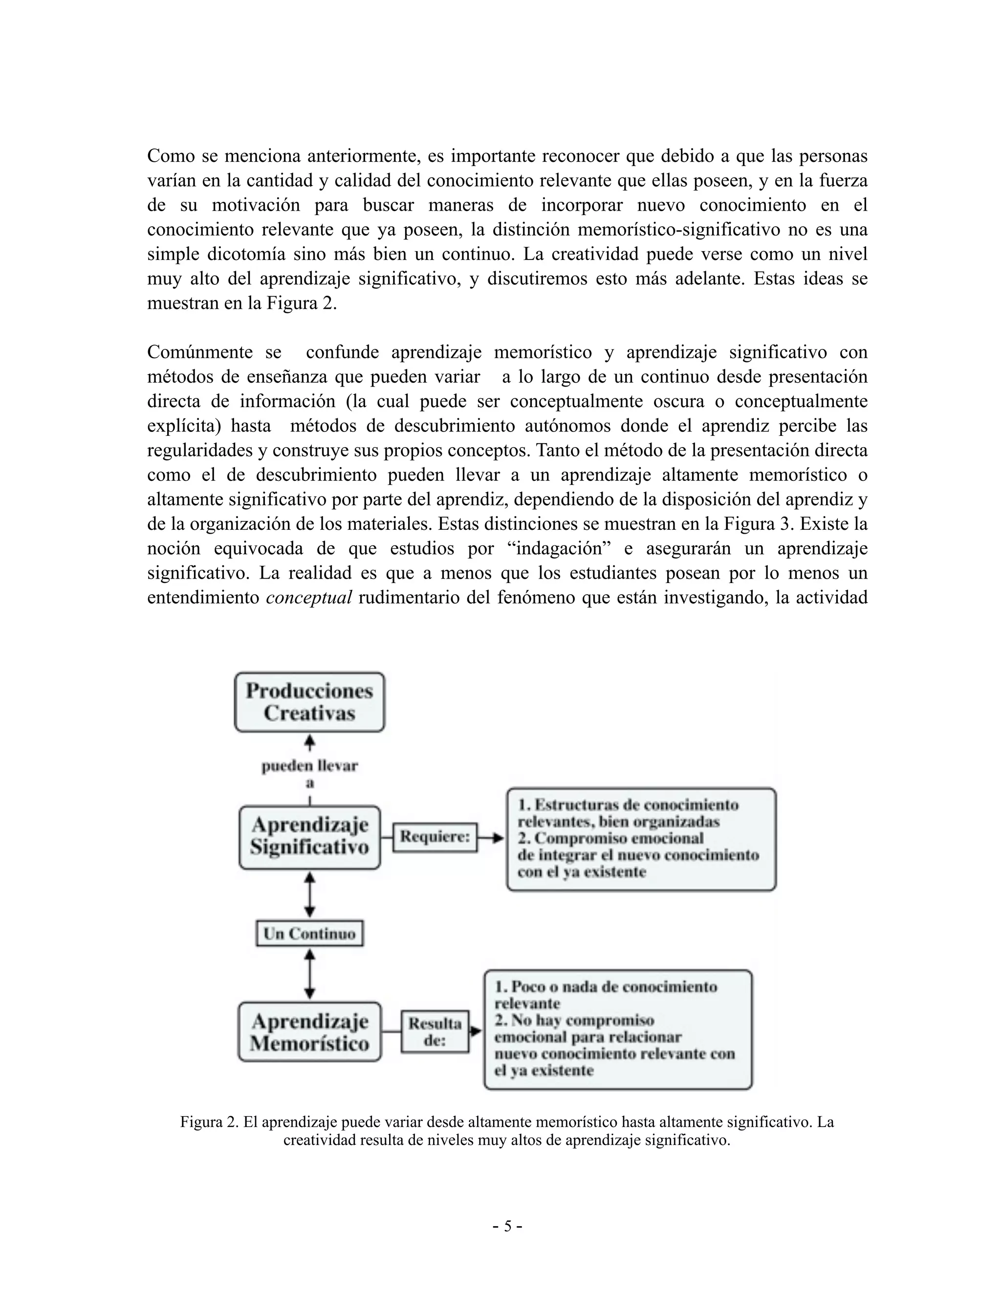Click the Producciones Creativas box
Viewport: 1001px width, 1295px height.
[309, 702]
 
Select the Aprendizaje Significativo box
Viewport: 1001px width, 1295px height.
[309, 837]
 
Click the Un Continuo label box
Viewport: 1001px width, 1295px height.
[309, 934]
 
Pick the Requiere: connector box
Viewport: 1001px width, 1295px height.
[435, 837]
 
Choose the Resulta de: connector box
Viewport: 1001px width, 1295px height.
[435, 1032]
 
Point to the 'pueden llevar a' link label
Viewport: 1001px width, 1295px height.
[309, 774]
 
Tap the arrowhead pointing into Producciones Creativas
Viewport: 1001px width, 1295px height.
[309, 741]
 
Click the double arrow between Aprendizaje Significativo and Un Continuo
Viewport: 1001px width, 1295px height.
[309, 894]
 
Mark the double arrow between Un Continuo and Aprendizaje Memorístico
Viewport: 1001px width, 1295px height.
[309, 973]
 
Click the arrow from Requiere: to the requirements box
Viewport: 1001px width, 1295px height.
[491, 838]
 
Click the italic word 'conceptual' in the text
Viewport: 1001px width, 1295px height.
[309, 598]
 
